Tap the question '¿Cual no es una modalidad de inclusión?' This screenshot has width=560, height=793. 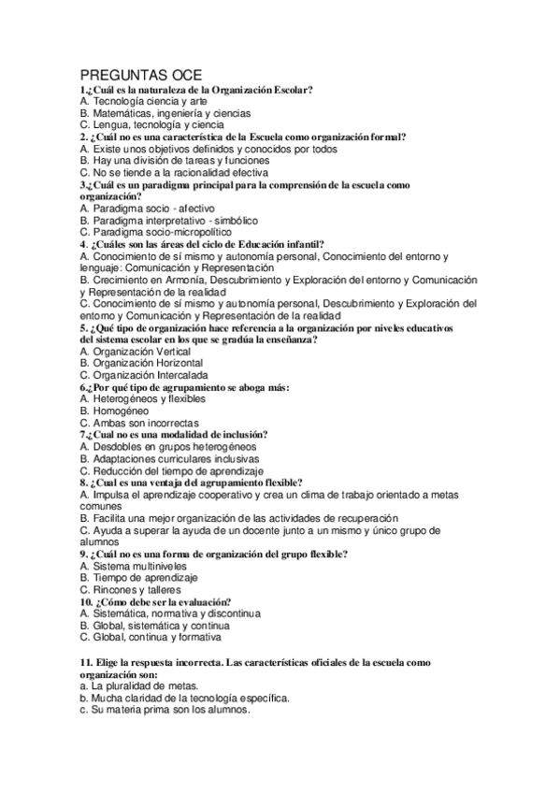click(x=174, y=435)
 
